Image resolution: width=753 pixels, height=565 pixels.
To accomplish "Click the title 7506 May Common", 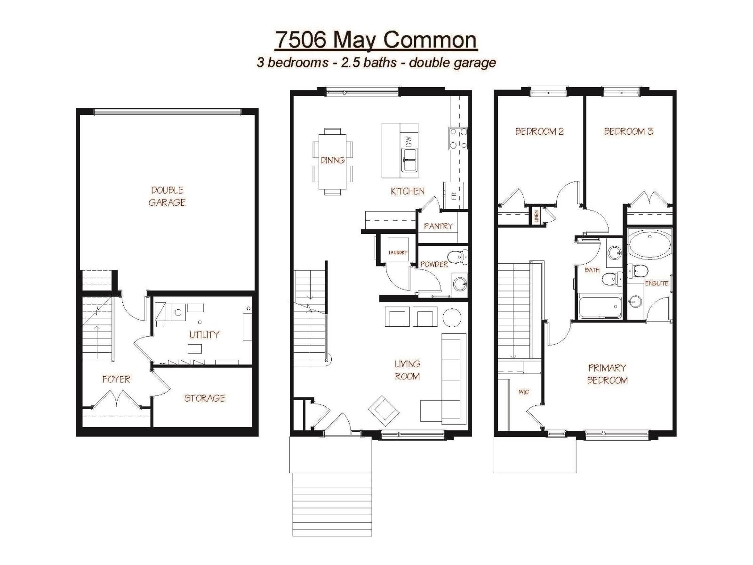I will click(x=376, y=40).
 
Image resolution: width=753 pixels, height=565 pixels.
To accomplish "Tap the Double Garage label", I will click(x=167, y=196).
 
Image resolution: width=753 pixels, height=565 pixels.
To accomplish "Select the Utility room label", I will click(x=204, y=335).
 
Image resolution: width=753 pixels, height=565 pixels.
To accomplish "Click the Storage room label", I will click(x=204, y=398).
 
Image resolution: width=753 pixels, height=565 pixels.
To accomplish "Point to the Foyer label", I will click(x=116, y=379).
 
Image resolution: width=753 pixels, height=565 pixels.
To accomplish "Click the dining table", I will click(x=332, y=161).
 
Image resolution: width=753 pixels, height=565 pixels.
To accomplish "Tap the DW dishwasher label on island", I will click(x=409, y=141).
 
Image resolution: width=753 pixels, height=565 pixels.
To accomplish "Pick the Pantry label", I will click(x=438, y=226).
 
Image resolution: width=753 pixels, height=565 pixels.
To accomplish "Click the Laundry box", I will click(x=398, y=253).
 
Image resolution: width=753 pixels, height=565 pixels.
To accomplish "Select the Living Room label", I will click(x=407, y=370).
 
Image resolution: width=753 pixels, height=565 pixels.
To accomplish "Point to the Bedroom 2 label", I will click(x=539, y=131).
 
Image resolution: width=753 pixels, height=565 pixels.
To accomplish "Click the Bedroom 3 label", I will click(x=628, y=131).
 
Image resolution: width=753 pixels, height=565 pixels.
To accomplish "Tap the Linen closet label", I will click(x=536, y=217).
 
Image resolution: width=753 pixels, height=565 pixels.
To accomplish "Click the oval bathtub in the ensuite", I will click(x=650, y=243).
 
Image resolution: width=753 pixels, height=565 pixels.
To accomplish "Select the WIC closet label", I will click(x=523, y=392).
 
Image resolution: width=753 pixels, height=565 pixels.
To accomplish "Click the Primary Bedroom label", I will click(x=607, y=374).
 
